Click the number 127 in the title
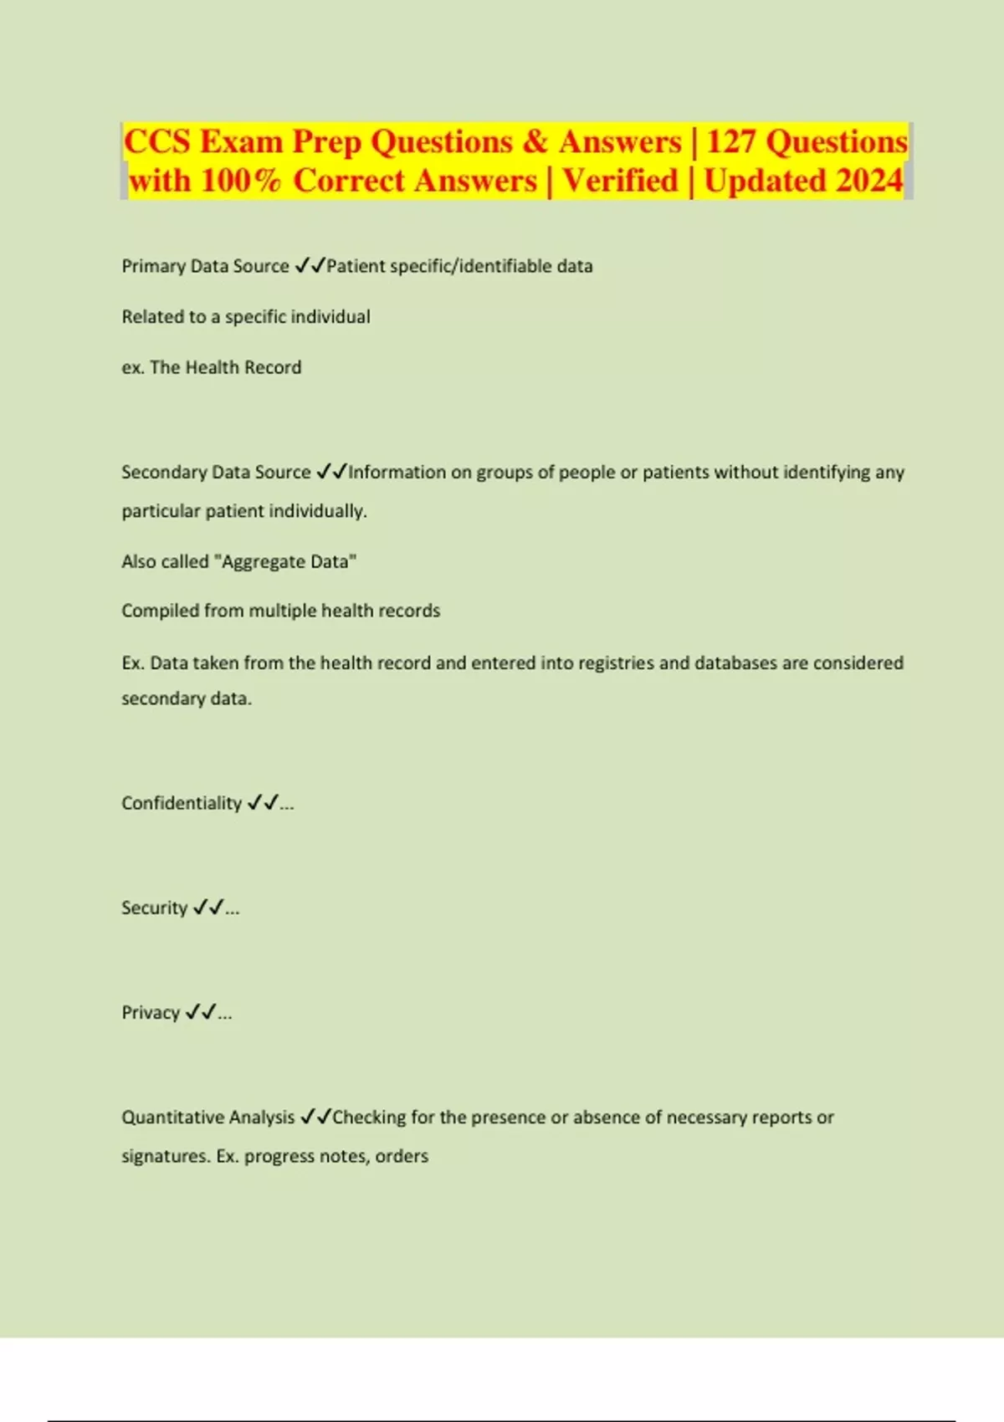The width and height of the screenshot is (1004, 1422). (731, 141)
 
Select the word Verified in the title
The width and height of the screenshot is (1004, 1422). (620, 181)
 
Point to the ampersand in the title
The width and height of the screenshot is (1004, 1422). (535, 141)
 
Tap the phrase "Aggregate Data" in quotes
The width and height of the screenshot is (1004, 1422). (285, 561)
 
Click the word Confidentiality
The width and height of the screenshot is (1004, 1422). (182, 803)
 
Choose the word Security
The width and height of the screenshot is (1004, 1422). (154, 908)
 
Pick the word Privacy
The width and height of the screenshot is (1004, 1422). (151, 1012)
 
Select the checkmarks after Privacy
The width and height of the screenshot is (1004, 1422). (201, 1011)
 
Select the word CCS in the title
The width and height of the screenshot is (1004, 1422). (157, 141)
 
